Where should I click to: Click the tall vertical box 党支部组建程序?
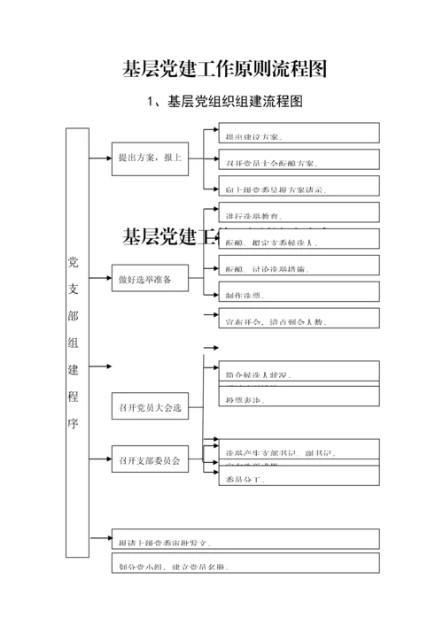click(x=77, y=343)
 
